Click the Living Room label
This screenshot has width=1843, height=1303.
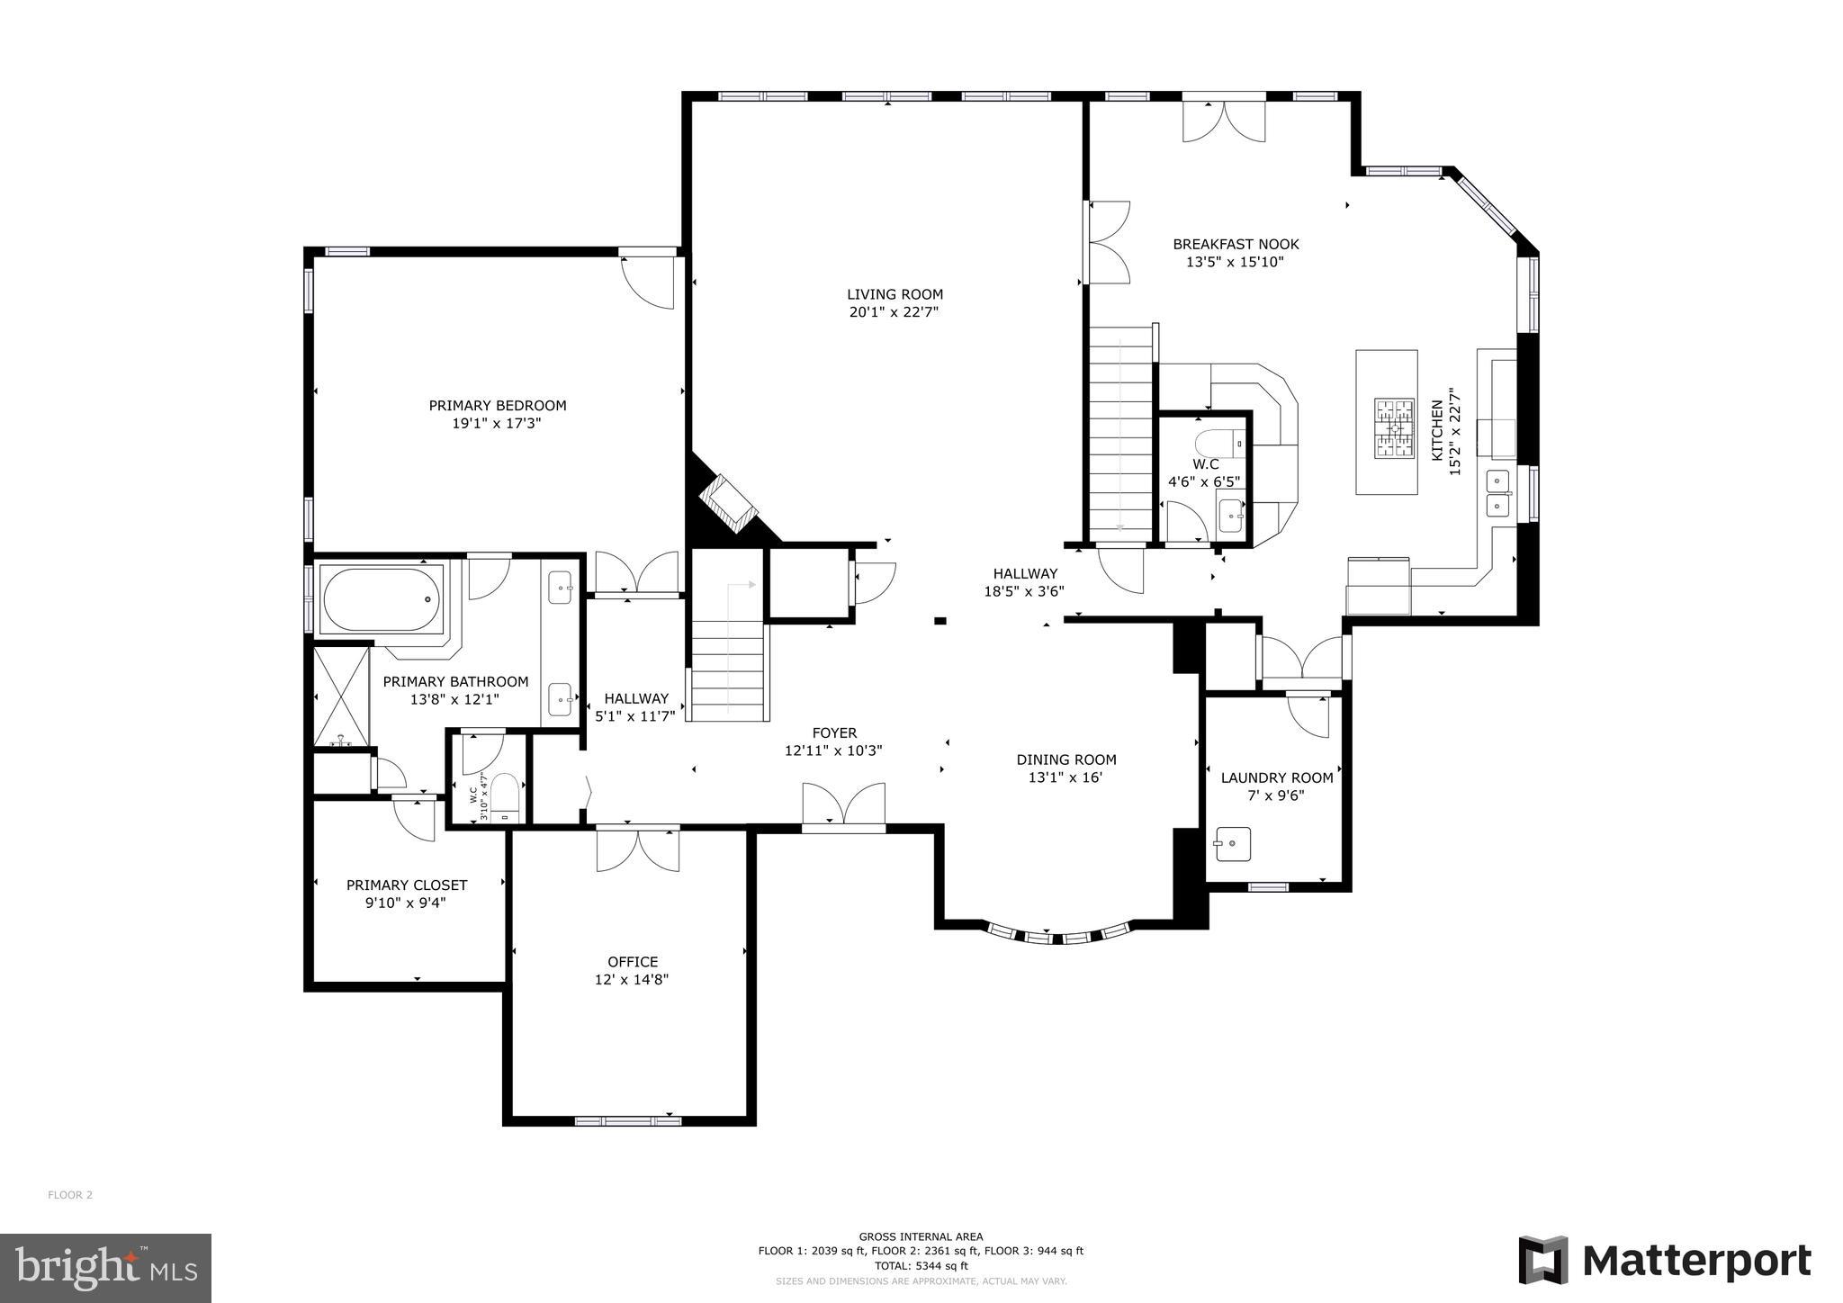(895, 294)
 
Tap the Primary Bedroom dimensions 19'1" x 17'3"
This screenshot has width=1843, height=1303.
(497, 423)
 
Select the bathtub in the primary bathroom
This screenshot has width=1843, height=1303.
(382, 598)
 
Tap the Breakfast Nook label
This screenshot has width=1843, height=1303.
(1236, 244)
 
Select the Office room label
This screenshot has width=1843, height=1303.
(633, 962)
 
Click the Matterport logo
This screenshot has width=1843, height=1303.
(1665, 1261)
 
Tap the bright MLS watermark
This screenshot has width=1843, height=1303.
(105, 1268)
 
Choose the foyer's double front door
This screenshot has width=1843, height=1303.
(843, 804)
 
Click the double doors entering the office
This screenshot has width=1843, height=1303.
(637, 849)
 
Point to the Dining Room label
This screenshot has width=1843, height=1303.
(1066, 759)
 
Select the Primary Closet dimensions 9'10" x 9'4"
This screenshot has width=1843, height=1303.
(406, 903)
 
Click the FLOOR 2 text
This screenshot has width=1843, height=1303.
(70, 1195)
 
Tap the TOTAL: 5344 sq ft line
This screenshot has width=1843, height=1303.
(921, 1265)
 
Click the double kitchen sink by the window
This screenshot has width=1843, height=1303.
(1497, 492)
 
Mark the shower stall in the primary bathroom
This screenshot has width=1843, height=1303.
(341, 695)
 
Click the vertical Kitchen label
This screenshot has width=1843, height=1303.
(1437, 431)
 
